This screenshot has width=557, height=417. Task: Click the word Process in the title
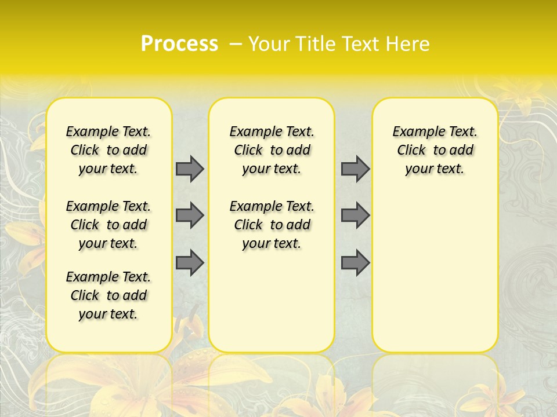tap(179, 44)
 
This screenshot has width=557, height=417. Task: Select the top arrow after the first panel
tap(190, 169)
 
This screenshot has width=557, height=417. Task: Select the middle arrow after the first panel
tap(190, 215)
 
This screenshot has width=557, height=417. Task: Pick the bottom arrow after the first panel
tap(190, 262)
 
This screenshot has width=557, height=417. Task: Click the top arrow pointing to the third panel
tap(355, 169)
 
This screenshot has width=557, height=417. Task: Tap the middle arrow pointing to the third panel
tap(355, 215)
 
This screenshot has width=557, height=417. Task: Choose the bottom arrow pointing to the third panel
tap(355, 262)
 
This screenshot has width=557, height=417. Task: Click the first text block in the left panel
tap(108, 150)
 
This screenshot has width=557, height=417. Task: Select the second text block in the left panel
tap(108, 225)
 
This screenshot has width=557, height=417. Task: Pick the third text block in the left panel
tap(108, 295)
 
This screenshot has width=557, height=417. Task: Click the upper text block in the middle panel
tap(272, 150)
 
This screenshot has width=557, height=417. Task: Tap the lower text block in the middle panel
tap(272, 225)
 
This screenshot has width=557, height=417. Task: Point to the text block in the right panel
tap(435, 150)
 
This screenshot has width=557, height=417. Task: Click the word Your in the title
tap(267, 44)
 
